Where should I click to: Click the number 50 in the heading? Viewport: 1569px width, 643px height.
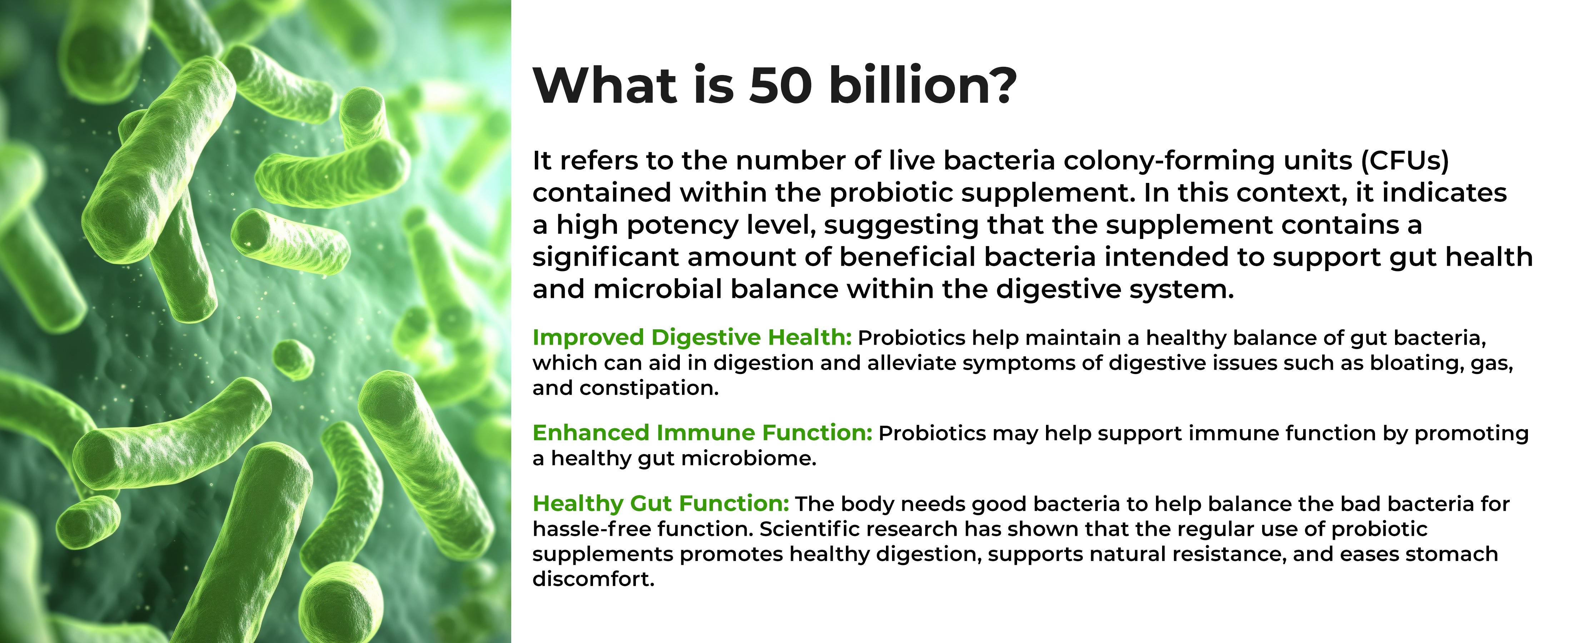tap(781, 86)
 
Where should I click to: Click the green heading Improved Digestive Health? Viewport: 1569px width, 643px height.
tap(692, 337)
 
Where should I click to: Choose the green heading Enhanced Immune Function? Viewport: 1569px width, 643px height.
tap(702, 433)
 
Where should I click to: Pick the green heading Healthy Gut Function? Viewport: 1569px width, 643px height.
tap(661, 504)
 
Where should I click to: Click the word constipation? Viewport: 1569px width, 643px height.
tap(649, 388)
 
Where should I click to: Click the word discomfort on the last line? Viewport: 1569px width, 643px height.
tap(593, 579)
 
